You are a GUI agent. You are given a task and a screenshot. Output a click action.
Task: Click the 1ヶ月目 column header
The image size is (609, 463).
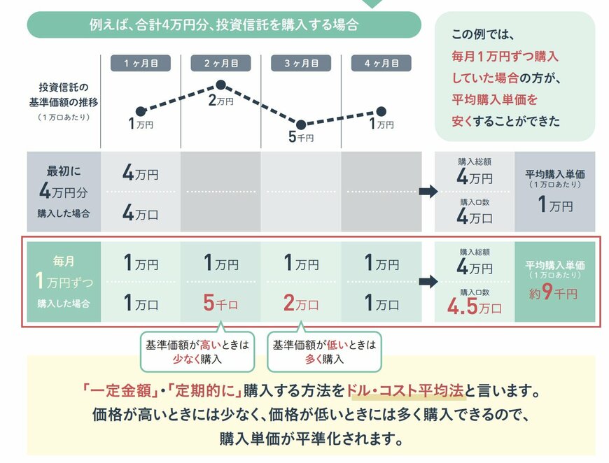pyautogui.click(x=141, y=63)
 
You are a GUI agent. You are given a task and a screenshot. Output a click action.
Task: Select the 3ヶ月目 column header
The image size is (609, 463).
pyautogui.click(x=301, y=63)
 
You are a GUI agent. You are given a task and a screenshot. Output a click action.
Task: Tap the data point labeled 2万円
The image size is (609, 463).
pyautogui.click(x=220, y=85)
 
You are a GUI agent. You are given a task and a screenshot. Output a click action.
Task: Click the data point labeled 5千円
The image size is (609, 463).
pyautogui.click(x=301, y=124)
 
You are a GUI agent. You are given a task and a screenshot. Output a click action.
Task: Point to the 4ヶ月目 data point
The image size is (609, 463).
pyautogui.click(x=381, y=111)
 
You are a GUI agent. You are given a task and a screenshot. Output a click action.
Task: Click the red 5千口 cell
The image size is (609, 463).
pyautogui.click(x=220, y=304)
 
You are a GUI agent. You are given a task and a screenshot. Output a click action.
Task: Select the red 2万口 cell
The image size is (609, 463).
pyautogui.click(x=301, y=304)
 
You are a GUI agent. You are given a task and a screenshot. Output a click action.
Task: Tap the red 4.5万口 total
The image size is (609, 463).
pyautogui.click(x=474, y=307)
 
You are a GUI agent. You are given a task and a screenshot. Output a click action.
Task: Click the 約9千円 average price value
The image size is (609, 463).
pyautogui.click(x=554, y=293)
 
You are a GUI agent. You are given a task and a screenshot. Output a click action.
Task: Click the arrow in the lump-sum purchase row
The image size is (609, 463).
pyautogui.click(x=428, y=192)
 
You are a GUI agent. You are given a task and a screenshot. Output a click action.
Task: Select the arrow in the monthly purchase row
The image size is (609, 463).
pyautogui.click(x=428, y=282)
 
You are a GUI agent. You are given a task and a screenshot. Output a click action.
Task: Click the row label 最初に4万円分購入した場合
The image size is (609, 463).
pyautogui.click(x=64, y=192)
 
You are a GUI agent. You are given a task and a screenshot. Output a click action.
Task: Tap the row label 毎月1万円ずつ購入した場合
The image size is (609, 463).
pyautogui.click(x=64, y=282)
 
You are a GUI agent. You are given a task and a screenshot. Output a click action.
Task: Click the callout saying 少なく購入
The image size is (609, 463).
pyautogui.click(x=197, y=352)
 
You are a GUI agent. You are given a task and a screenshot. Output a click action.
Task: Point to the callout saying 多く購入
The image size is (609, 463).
pyautogui.click(x=324, y=352)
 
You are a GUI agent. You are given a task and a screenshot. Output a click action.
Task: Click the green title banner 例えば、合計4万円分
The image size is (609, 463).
pyautogui.click(x=224, y=24)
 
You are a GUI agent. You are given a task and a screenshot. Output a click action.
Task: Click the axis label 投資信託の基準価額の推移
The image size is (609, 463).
pyautogui.click(x=68, y=95)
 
